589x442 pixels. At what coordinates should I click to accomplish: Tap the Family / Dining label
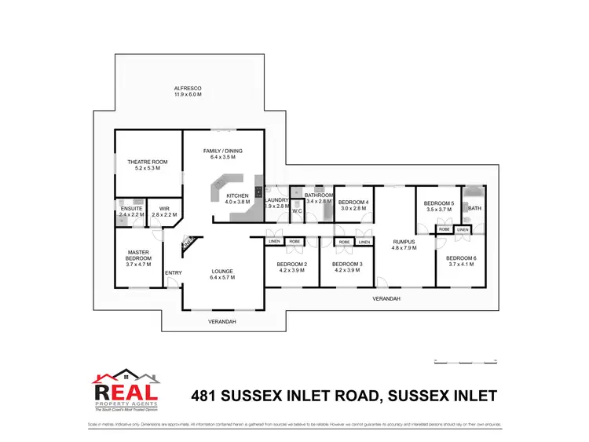coord(223,154)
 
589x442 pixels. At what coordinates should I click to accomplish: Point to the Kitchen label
coord(237,198)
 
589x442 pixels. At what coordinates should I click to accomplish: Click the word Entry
coord(173,273)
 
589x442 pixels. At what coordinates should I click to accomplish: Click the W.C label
coord(298,210)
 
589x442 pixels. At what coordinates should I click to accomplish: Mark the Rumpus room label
coord(404,243)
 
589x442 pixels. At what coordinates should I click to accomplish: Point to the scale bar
coord(466,361)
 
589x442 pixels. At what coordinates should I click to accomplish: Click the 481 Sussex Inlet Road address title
coord(345,395)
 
